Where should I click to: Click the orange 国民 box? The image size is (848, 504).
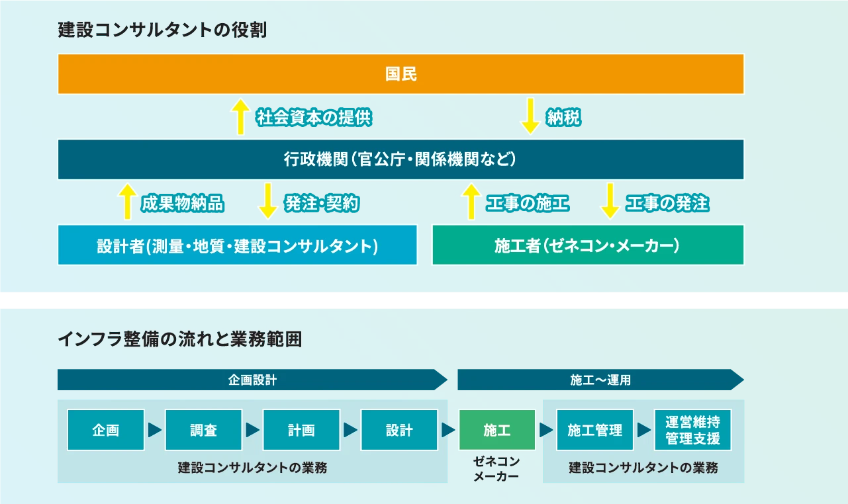pyautogui.click(x=400, y=74)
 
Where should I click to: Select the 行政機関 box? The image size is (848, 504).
pyautogui.click(x=400, y=159)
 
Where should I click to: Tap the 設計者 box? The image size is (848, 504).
pyautogui.click(x=237, y=245)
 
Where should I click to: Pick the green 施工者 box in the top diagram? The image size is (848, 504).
pyautogui.click(x=588, y=245)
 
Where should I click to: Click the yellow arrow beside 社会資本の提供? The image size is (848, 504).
pyautogui.click(x=240, y=116)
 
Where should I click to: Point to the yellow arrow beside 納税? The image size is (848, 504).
pyautogui.click(x=530, y=116)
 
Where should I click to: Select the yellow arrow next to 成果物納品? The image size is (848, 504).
pyautogui.click(x=126, y=201)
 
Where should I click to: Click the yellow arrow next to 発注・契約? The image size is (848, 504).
pyautogui.click(x=268, y=201)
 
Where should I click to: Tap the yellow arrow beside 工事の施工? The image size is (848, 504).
pyautogui.click(x=471, y=201)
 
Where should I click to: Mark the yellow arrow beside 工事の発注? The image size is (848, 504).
pyautogui.click(x=610, y=201)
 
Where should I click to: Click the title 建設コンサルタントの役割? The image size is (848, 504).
pyautogui.click(x=162, y=30)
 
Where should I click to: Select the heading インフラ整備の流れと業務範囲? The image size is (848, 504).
pyautogui.click(x=179, y=339)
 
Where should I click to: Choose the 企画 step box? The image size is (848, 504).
pyautogui.click(x=106, y=430)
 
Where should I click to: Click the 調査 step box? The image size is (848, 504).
pyautogui.click(x=203, y=430)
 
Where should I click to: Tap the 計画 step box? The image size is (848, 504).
pyautogui.click(x=301, y=430)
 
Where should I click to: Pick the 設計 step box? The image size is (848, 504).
pyautogui.click(x=399, y=430)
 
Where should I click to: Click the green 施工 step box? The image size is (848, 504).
pyautogui.click(x=496, y=430)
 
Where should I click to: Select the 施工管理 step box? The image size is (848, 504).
pyautogui.click(x=594, y=430)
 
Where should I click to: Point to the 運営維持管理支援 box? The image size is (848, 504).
pyautogui.click(x=692, y=430)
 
